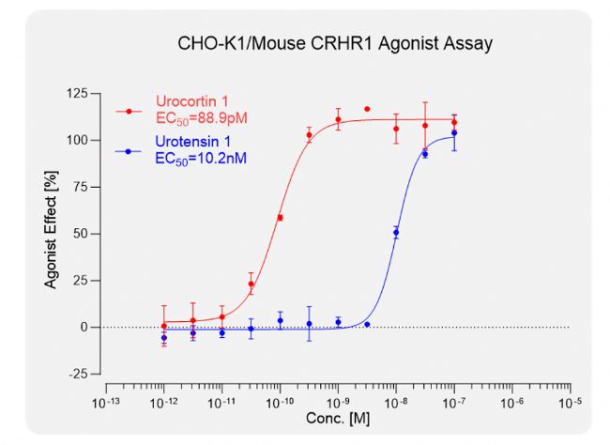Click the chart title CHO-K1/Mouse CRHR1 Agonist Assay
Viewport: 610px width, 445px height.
pos(335,43)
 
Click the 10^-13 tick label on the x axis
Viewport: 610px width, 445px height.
pos(104,402)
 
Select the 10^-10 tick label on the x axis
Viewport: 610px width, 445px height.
pos(279,402)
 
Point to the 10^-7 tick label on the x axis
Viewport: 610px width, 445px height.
pos(454,402)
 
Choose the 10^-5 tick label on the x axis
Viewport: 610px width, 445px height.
pos(571,402)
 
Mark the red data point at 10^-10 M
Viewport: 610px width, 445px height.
pos(280,218)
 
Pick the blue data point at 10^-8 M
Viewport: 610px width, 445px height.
pos(396,232)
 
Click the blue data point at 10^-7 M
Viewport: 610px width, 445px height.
pos(454,132)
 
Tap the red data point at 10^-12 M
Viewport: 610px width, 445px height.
pos(163,326)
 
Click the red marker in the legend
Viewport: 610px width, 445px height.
pos(129,110)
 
